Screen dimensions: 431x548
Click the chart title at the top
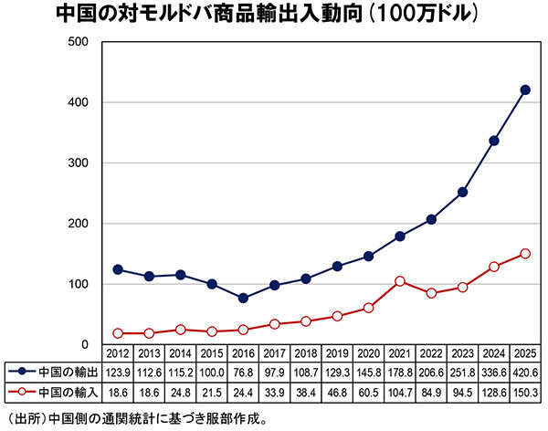pos(274,16)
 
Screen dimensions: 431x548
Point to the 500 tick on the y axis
pos(77,42)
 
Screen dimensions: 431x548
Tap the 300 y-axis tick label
pos(77,163)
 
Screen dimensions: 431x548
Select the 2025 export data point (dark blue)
pos(525,89)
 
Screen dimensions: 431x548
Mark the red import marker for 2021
pos(400,281)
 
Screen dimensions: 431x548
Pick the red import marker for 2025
pos(525,254)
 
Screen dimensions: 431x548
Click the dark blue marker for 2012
pos(118,269)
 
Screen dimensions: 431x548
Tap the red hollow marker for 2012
pos(118,333)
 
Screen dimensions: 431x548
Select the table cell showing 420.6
pos(525,372)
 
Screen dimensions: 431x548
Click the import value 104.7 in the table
pos(400,391)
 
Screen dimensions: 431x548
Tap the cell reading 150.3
pos(525,391)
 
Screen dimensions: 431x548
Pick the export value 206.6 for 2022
pos(431,372)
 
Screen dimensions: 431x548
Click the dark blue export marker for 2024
pos(494,141)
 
